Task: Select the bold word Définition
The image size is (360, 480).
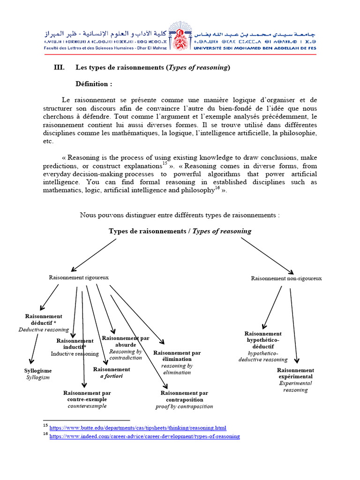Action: coord(94,84)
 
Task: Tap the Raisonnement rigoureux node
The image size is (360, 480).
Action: coord(79,277)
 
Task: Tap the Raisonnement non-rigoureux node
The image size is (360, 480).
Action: coord(286,278)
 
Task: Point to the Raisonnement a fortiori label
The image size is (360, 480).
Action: coord(112,373)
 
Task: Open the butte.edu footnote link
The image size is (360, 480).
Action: coord(138,427)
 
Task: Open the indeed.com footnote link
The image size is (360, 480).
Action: coord(144,436)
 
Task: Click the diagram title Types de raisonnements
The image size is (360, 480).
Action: coord(180,231)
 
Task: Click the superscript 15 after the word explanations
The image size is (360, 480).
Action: coord(165,163)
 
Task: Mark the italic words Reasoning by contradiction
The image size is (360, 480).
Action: coord(125,354)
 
